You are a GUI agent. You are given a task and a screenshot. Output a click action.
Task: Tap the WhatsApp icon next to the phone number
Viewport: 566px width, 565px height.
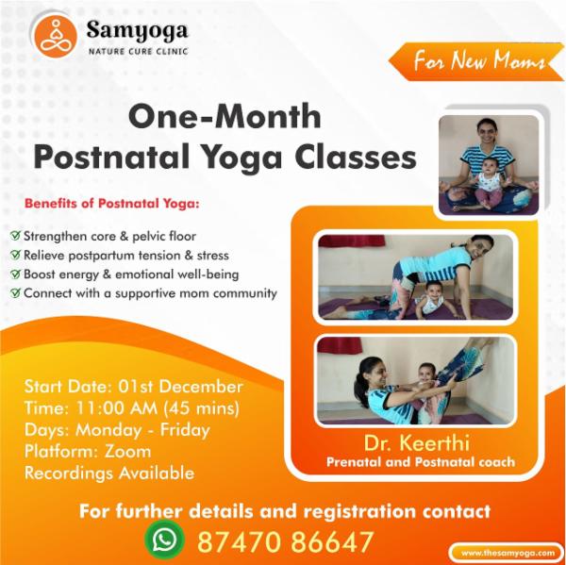point(165,540)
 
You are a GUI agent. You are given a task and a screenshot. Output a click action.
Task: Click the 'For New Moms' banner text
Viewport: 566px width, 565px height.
point(478,62)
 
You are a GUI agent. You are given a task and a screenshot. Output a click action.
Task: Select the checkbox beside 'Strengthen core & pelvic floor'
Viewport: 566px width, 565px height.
point(15,236)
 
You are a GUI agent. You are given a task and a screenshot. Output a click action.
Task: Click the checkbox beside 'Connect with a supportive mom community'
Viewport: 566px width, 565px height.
point(15,293)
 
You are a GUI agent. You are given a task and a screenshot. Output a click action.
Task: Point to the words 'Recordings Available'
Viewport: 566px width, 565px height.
point(109,474)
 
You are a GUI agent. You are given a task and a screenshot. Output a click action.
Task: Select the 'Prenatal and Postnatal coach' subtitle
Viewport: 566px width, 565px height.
point(420,462)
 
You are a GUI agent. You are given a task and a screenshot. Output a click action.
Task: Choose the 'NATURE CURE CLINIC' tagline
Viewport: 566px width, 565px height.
point(138,51)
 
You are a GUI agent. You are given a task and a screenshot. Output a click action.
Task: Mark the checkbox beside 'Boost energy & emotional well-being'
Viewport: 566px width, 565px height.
point(15,274)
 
